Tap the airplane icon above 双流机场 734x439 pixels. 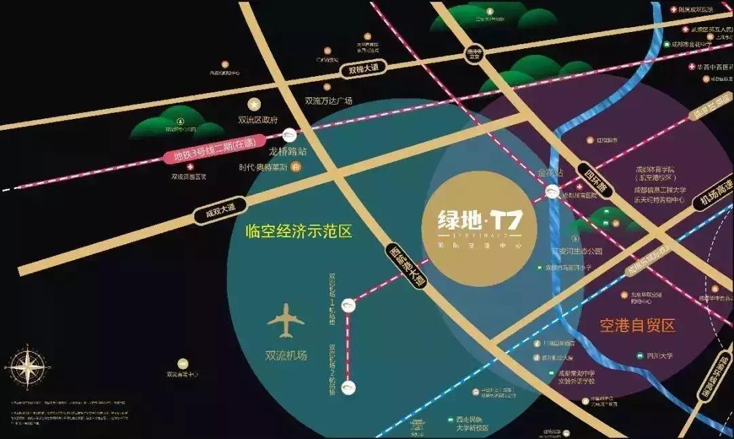point(285,321)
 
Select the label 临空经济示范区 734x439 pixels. point(299,231)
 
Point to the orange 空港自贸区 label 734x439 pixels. point(637,326)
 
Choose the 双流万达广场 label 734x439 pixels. point(328,101)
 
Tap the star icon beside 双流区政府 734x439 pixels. point(254,105)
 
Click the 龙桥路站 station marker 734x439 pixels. point(290,135)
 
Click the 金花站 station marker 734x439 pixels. point(553,191)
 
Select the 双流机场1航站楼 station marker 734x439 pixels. point(349,305)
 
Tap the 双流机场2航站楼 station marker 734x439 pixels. point(349,387)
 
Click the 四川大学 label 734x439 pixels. point(659,355)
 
